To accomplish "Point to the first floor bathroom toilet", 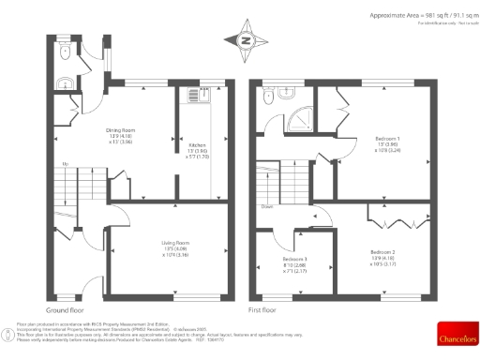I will coord(269,96).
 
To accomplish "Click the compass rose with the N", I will coord(247,40).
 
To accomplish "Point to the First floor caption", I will coord(262,309).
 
